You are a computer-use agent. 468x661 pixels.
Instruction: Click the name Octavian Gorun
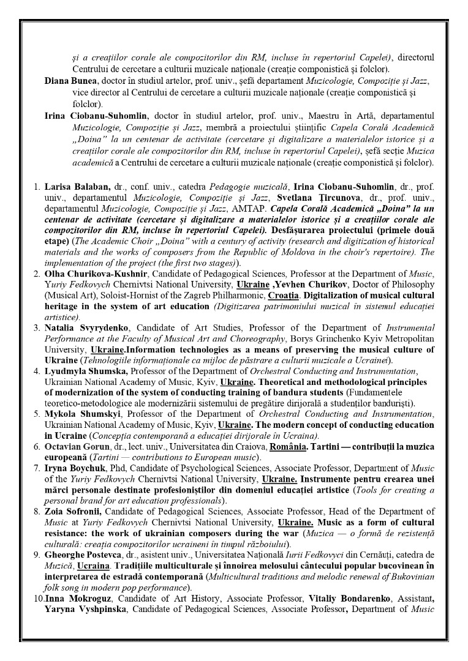point(78,446)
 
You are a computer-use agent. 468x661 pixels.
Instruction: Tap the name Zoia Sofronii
point(73,511)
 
